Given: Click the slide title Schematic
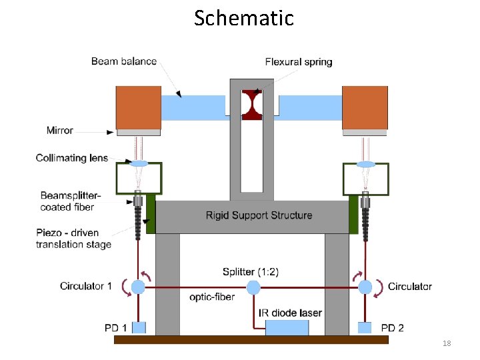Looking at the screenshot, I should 243,18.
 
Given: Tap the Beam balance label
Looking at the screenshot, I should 123,61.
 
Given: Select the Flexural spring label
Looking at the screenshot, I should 298,62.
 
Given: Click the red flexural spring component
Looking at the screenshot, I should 252,105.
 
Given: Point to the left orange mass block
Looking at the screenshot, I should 139,107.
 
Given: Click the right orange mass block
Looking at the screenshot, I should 365,107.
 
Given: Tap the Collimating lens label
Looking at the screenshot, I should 71,158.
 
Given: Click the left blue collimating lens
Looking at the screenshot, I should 139,163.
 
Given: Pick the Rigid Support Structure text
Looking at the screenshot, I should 259,215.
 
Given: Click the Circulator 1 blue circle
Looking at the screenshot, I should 138,287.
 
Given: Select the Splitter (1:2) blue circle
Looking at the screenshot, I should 253,287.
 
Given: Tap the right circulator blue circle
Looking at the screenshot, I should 365,287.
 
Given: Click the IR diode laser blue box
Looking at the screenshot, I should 287,327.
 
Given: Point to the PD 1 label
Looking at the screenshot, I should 116,327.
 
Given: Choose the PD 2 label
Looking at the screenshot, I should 392,327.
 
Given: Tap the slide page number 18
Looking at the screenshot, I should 447,343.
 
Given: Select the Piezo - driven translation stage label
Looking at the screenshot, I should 73,238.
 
